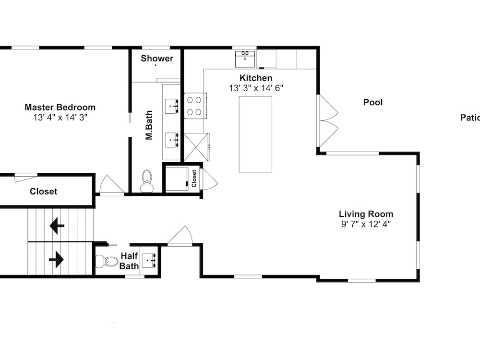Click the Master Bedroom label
click(60, 107)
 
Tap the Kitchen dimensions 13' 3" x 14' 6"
click(256, 88)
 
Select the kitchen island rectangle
click(255, 134)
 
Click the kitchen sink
click(245, 59)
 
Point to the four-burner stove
click(195, 106)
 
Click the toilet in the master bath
click(147, 181)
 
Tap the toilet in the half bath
click(107, 262)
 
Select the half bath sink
click(149, 260)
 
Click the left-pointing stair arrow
click(57, 226)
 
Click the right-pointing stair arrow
click(56, 260)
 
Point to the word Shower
click(157, 58)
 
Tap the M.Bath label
click(149, 125)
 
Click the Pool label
click(373, 102)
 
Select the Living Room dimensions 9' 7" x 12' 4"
click(366, 224)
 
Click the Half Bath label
click(129, 261)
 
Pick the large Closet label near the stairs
click(44, 192)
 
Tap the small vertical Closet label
click(194, 179)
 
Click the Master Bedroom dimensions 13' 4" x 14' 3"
click(60, 117)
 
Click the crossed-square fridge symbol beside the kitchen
click(197, 147)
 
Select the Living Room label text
click(366, 214)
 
